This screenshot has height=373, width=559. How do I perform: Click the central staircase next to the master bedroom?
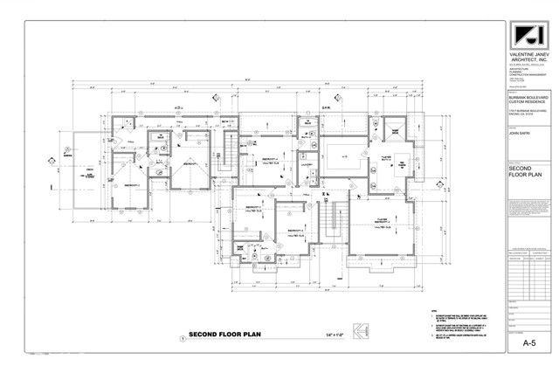pos(331,218)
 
